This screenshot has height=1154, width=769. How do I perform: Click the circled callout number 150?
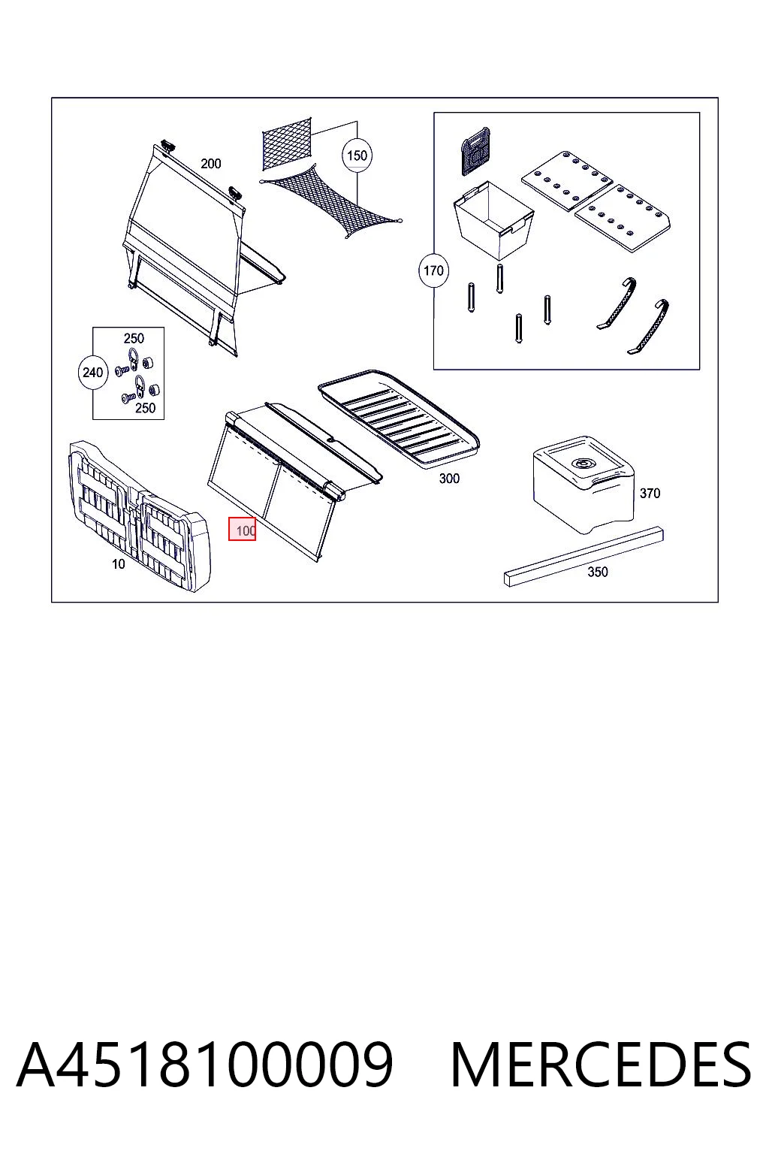coord(357,155)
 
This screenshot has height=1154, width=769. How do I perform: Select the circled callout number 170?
coord(433,270)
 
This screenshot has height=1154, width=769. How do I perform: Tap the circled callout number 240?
coord(92,372)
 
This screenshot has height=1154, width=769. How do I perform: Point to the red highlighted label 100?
coord(242,529)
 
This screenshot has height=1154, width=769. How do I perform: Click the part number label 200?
coord(211,164)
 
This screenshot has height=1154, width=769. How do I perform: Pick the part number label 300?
coord(449,479)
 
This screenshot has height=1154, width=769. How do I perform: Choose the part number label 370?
coord(650,494)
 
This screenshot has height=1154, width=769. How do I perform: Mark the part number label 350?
coord(598,572)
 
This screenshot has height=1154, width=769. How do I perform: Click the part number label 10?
coord(119,564)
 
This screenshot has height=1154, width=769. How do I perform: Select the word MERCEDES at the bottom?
coord(601,1065)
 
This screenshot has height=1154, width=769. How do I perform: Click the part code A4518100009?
coord(205,1065)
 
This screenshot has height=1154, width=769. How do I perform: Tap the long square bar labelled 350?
coord(584,557)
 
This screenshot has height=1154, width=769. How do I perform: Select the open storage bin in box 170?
coord(493,220)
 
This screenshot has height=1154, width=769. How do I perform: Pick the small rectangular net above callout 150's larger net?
coord(287,143)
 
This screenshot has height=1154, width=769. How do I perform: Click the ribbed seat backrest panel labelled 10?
coord(140,515)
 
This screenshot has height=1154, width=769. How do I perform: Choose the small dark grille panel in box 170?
coord(475,150)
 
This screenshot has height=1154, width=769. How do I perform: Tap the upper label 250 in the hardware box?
coord(134,339)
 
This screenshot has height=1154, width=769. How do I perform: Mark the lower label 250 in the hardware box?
coord(145,408)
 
